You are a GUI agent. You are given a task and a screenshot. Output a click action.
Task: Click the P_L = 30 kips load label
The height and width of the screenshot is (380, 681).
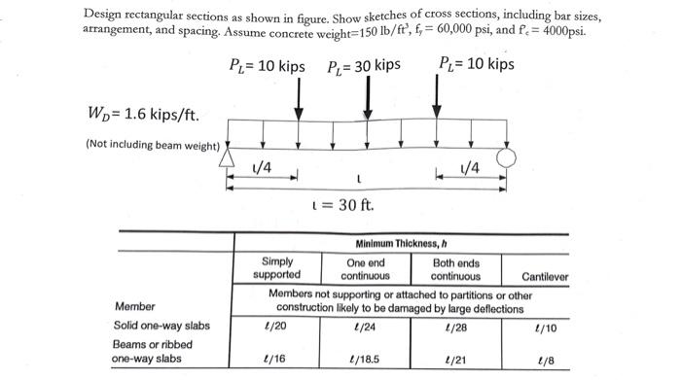(x=364, y=66)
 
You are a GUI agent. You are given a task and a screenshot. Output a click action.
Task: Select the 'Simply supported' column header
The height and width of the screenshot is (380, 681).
(x=276, y=268)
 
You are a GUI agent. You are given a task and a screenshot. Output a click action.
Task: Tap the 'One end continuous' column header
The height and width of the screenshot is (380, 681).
(x=365, y=268)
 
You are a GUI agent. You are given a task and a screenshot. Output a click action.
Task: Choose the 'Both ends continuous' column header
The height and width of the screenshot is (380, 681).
(x=455, y=268)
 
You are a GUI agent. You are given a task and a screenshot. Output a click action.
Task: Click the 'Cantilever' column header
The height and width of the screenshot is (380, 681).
(x=545, y=276)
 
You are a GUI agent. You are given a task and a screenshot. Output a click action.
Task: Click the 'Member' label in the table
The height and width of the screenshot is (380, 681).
(x=133, y=307)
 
